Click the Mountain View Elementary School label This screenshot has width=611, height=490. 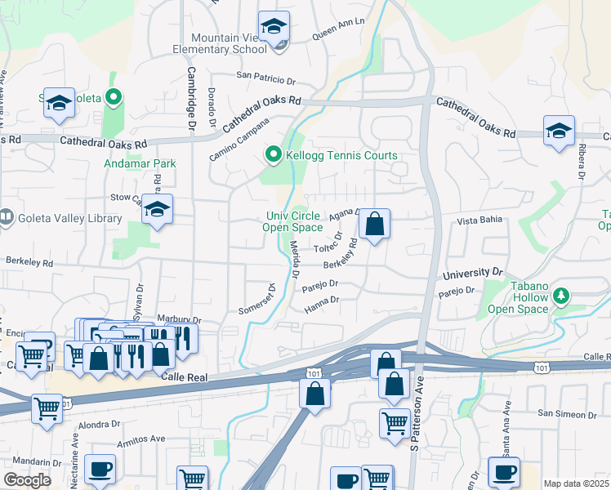[230, 43]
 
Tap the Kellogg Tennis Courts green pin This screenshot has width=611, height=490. [273, 154]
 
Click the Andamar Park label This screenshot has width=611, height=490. [140, 163]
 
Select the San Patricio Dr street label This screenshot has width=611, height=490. [265, 78]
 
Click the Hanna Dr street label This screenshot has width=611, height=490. [321, 306]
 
